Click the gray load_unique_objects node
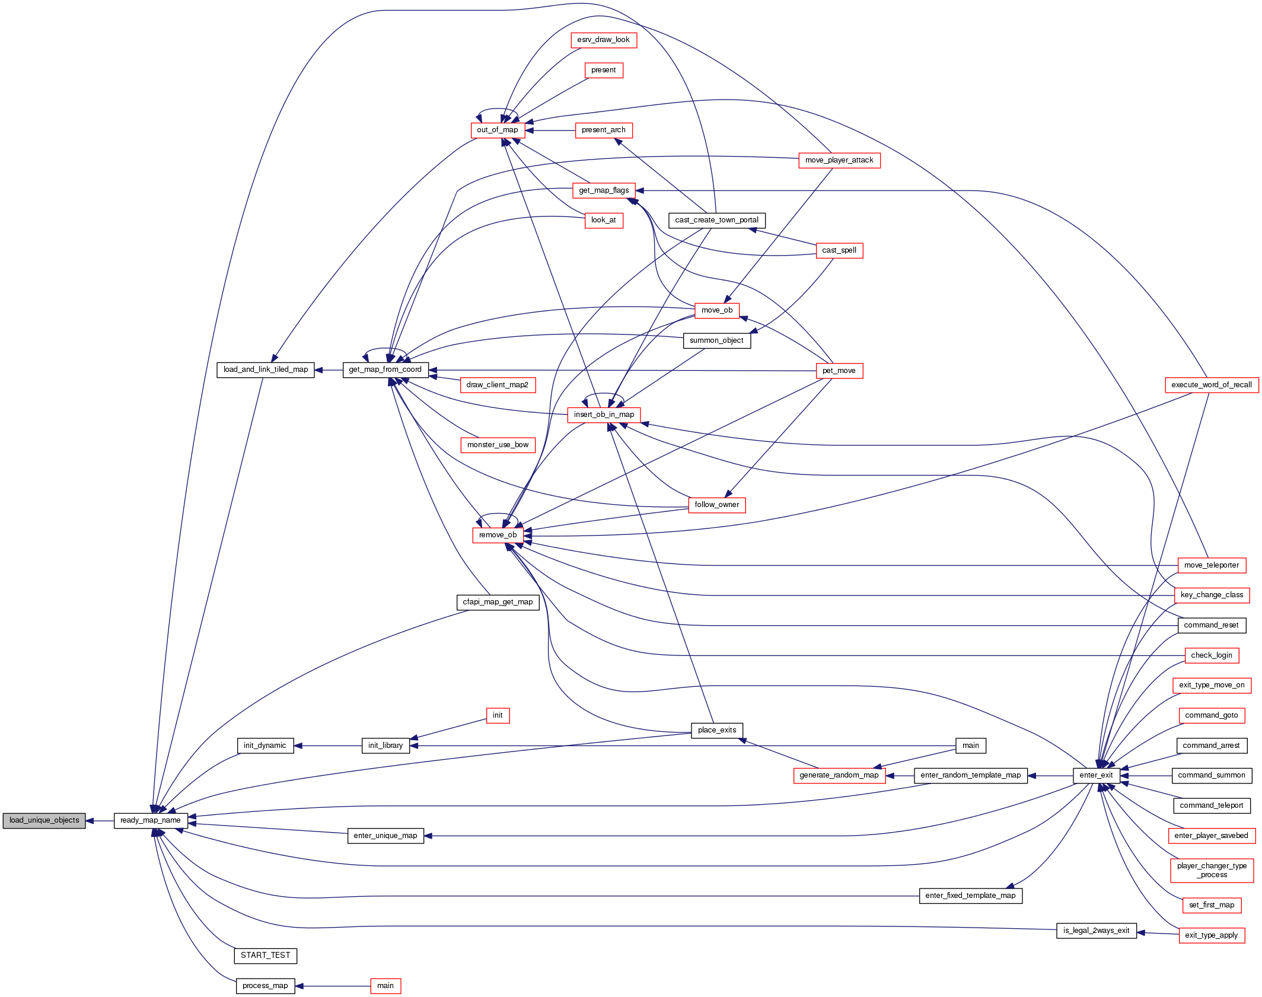point(44,820)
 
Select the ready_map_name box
point(151,820)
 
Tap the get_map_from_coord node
point(385,370)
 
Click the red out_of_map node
point(498,130)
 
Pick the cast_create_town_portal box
point(717,220)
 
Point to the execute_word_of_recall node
point(1212,385)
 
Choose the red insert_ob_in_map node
point(604,415)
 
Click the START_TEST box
point(266,955)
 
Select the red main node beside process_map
point(385,986)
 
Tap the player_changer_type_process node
point(1212,870)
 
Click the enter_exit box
point(1096,775)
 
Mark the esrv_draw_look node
point(604,40)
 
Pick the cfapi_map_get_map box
point(498,602)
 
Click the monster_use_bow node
point(498,445)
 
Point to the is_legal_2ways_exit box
point(1096,931)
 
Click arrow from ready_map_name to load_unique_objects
point(100,821)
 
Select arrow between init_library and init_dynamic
point(328,746)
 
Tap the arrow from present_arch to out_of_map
point(550,130)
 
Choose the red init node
point(498,715)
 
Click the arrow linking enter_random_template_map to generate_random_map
point(900,776)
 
